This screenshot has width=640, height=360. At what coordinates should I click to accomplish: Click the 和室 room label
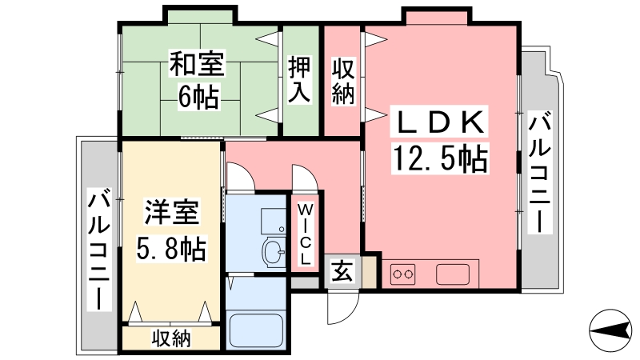pyautogui.click(x=197, y=63)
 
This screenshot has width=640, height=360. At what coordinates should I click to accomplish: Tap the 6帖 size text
pyautogui.click(x=198, y=96)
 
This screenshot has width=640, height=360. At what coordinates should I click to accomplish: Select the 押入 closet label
pyautogui.click(x=299, y=79)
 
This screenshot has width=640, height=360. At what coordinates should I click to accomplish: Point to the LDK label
pyautogui.click(x=439, y=122)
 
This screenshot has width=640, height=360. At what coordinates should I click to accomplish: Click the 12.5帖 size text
pyautogui.click(x=440, y=158)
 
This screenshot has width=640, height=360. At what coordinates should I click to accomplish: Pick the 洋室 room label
pyautogui.click(x=172, y=212)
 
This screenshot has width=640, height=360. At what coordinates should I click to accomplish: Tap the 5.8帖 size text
pyautogui.click(x=171, y=248)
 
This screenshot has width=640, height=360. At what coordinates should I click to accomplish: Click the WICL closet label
pyautogui.click(x=306, y=234)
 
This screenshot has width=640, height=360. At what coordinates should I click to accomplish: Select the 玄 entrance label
pyautogui.click(x=342, y=271)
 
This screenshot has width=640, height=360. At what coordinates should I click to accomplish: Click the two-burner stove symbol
pyautogui.click(x=403, y=274)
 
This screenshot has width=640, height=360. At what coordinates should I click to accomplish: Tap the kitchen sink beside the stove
pyautogui.click(x=453, y=274)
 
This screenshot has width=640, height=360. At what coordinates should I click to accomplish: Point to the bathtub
pyautogui.click(x=256, y=331)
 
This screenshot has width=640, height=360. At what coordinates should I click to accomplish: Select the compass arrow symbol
pyautogui.click(x=610, y=330)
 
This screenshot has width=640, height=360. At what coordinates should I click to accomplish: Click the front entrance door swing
pyautogui.click(x=343, y=307)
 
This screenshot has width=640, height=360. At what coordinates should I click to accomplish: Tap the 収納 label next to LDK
pyautogui.click(x=343, y=82)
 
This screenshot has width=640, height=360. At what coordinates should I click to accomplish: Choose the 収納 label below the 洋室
pyautogui.click(x=171, y=338)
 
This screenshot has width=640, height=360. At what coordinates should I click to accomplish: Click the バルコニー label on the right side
pyautogui.click(x=539, y=172)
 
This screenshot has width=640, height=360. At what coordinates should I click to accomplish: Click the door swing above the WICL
pyautogui.click(x=305, y=178)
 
